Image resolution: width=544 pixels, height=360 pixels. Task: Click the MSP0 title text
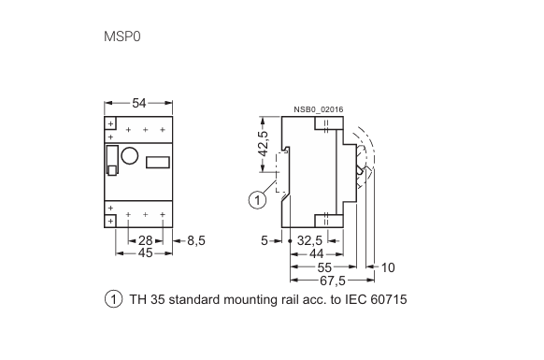coord(122,36)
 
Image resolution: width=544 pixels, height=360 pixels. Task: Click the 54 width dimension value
coord(138,103)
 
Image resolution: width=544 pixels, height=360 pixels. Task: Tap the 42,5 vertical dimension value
coord(264,143)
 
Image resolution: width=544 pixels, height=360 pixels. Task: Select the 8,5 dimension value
coord(196,240)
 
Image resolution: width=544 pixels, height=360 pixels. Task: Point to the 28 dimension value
coord(146,240)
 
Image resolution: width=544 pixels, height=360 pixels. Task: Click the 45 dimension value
coord(146,253)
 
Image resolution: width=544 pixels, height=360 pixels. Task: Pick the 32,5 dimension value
coord(309,240)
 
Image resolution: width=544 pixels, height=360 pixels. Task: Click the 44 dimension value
coord(317,253)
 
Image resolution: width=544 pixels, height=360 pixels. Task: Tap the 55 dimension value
coord(324,267)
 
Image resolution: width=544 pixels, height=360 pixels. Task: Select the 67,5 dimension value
coord(333,281)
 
